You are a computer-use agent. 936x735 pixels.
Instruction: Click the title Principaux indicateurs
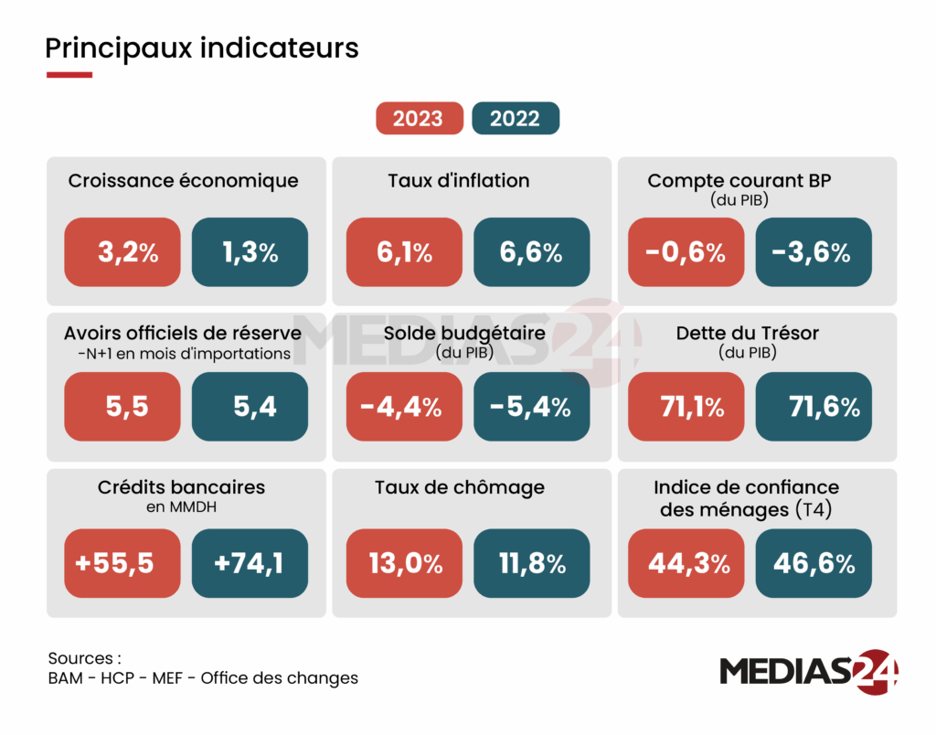point(202,48)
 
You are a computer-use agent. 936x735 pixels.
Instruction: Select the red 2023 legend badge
point(419,119)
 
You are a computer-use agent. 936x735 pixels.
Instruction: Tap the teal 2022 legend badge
point(515,119)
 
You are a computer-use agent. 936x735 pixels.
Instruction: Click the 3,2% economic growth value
point(122,252)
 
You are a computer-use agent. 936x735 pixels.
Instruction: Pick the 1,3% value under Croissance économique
point(250,252)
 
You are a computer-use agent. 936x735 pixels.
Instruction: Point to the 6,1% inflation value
point(404,252)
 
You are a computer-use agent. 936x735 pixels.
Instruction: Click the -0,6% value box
point(686,252)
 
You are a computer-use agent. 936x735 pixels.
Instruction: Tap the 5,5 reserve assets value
point(122,408)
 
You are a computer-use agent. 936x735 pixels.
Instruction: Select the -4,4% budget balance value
point(404,408)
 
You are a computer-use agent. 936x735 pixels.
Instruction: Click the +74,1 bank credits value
point(250,563)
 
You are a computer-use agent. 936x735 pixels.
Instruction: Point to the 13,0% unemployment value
point(404,563)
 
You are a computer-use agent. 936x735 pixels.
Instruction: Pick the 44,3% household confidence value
point(686,563)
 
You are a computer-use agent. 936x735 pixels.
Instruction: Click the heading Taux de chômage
point(460,487)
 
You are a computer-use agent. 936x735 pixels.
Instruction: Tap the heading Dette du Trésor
point(748,333)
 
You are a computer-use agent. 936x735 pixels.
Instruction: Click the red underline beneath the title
point(69,75)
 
